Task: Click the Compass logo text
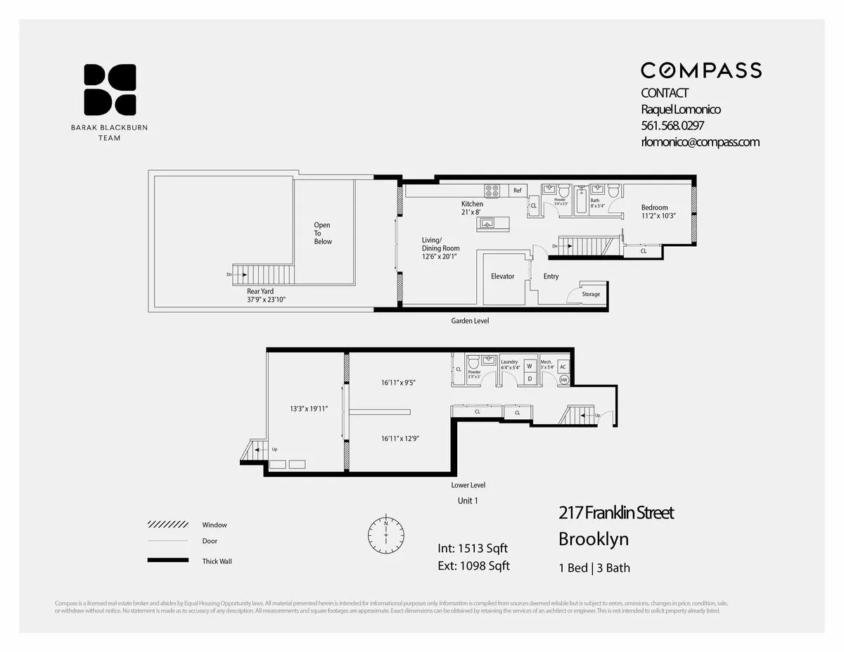[x=701, y=70]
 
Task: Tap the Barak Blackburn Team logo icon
[x=110, y=89]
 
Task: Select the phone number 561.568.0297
[x=672, y=126]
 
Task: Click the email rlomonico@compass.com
[x=700, y=142]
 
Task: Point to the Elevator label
[x=502, y=276]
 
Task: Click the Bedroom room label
[x=654, y=207]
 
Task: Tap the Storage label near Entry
[x=591, y=294]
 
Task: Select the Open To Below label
[x=322, y=234]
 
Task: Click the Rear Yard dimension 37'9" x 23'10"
[x=266, y=300]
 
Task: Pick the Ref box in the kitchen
[x=517, y=191]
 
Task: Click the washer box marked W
[x=530, y=366]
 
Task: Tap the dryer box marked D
[x=530, y=378]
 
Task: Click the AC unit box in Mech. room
[x=563, y=366]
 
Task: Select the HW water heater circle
[x=563, y=380]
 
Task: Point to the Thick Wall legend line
[x=167, y=561]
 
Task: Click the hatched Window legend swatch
[x=167, y=525]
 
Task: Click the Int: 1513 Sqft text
[x=473, y=549]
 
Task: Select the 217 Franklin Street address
[x=616, y=513]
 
